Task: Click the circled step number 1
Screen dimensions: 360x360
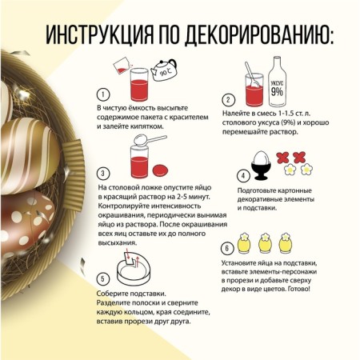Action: coord(103,94)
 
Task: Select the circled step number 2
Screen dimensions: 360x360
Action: coord(228,100)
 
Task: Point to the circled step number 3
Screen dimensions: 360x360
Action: coord(103,174)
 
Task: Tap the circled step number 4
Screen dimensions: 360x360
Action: coord(243,176)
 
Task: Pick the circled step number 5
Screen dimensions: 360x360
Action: coord(103,279)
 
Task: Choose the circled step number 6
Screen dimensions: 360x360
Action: coord(227,248)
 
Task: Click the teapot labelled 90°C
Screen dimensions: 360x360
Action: coord(163,70)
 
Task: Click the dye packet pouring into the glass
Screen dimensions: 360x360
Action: coord(122,66)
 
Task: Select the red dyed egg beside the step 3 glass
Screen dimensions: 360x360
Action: coord(160,170)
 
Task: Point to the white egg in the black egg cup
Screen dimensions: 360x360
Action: coord(261,158)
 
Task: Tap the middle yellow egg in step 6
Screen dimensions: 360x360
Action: coord(265,243)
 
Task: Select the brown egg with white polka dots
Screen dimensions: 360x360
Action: coord(26,222)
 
